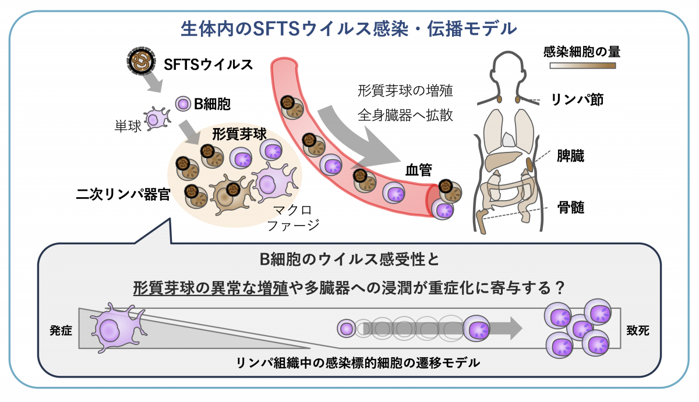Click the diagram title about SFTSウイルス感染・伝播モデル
(349, 28)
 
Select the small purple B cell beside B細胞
(183, 105)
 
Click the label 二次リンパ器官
(123, 194)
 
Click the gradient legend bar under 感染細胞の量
(582, 66)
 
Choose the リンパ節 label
(577, 99)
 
